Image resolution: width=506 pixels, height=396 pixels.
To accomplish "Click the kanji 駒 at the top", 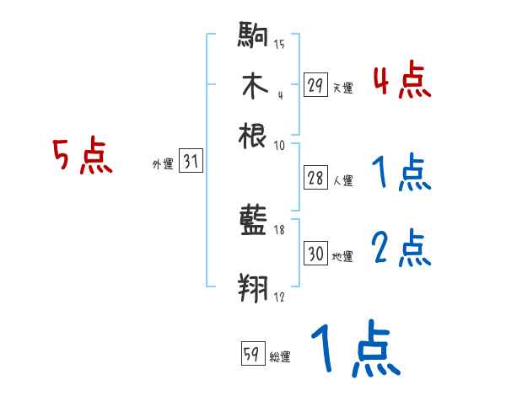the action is coord(253,38).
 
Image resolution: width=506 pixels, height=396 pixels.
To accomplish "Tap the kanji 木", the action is coord(253,86).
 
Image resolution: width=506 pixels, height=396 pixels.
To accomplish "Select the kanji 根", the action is coord(253,135).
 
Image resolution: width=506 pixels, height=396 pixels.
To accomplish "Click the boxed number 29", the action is coord(315,85).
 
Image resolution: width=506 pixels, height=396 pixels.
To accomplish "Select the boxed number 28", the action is coord(315,179).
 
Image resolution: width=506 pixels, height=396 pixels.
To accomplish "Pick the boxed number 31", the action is coord(191,163).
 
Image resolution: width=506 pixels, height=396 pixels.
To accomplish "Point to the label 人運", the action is coord(342,180).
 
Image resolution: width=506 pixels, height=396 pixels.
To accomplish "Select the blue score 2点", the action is coord(402,249).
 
